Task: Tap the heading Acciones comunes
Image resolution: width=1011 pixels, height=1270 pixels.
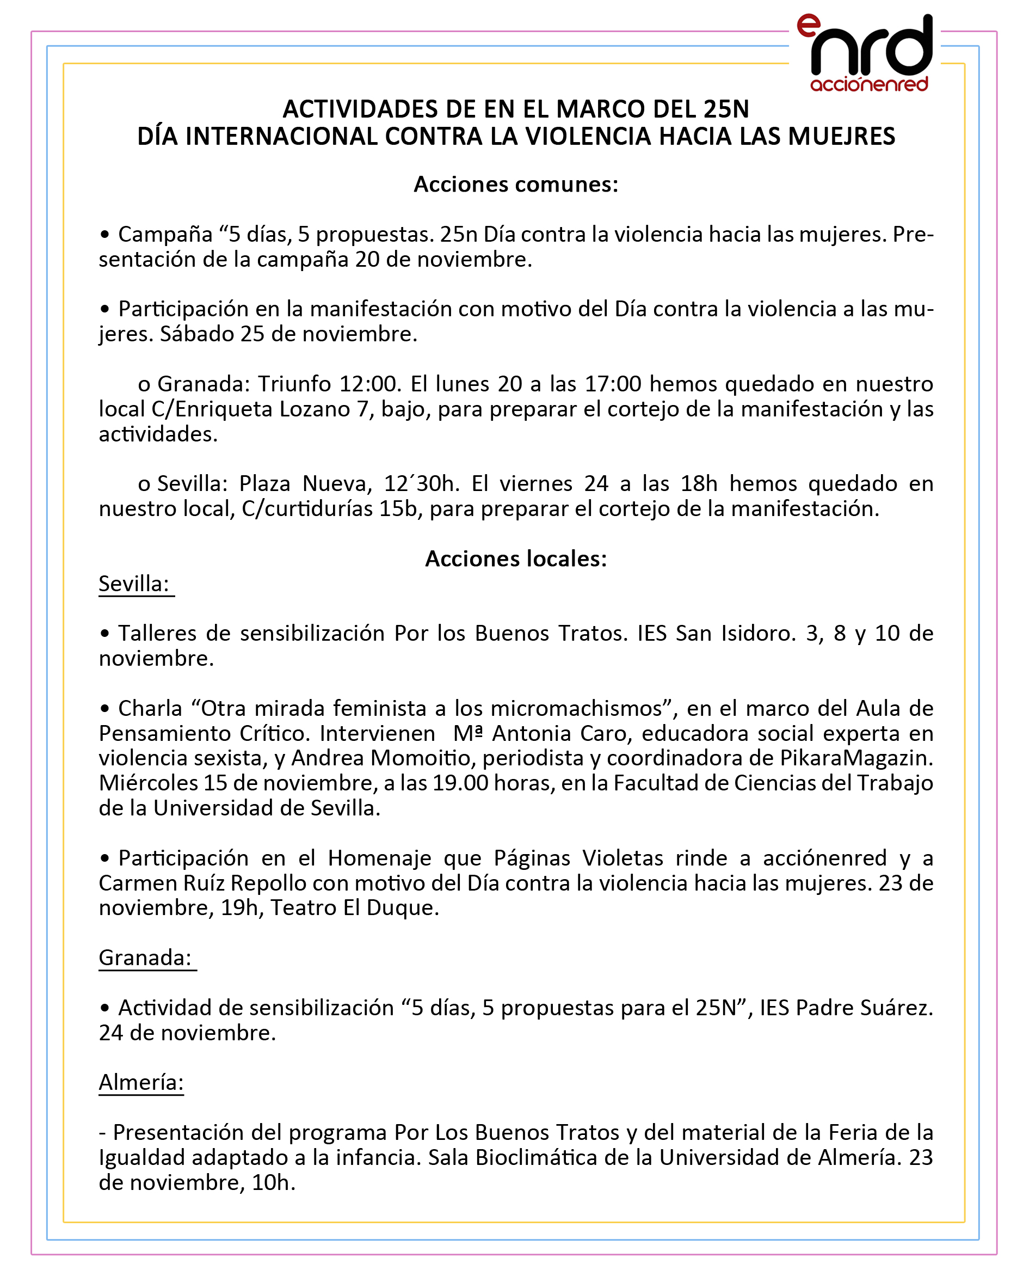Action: tap(516, 185)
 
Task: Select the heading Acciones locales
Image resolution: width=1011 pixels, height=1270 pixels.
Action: tap(516, 559)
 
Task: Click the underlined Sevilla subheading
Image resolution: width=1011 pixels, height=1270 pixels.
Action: tap(134, 584)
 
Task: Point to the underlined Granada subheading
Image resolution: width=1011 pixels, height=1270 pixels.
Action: tap(145, 958)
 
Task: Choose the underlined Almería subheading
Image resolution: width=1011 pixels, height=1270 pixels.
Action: tap(141, 1082)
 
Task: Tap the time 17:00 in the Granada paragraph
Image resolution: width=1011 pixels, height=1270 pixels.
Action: tap(612, 384)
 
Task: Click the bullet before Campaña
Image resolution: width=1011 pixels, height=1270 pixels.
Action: tap(105, 235)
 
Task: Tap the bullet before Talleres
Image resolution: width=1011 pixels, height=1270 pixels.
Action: tap(105, 634)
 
